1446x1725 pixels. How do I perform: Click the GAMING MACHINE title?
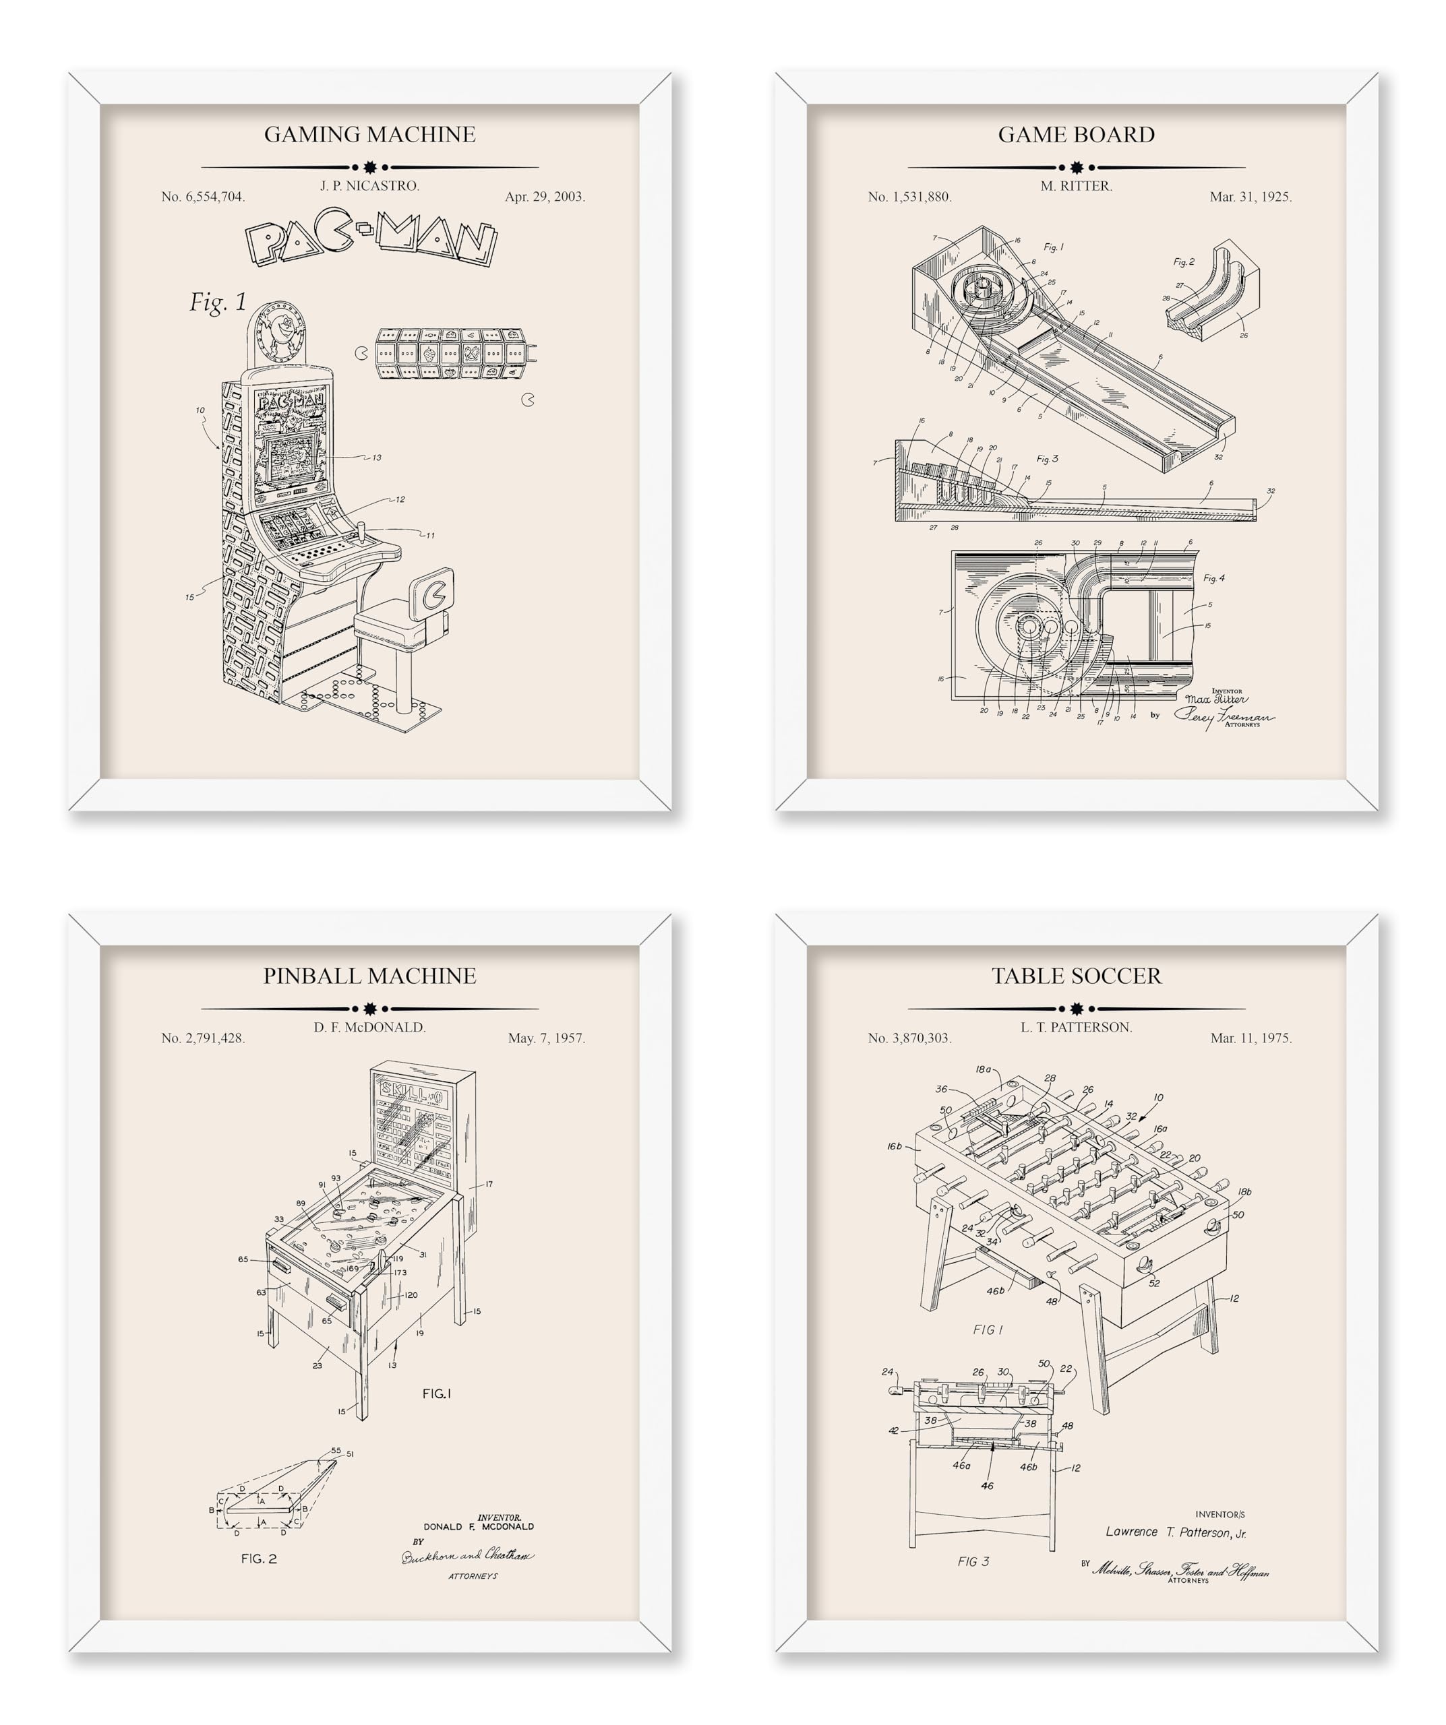[x=369, y=135]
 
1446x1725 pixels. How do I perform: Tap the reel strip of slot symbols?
[x=450, y=353]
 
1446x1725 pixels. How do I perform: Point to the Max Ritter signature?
[x=1215, y=699]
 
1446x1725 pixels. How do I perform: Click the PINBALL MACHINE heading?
[x=369, y=976]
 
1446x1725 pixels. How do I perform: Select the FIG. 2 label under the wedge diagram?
[x=259, y=1559]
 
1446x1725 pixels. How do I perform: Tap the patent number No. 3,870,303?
[x=909, y=1038]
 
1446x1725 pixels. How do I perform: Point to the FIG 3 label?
[x=973, y=1561]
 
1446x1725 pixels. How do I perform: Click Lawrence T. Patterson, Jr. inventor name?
[x=1175, y=1532]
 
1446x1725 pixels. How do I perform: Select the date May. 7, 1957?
[x=545, y=1038]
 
